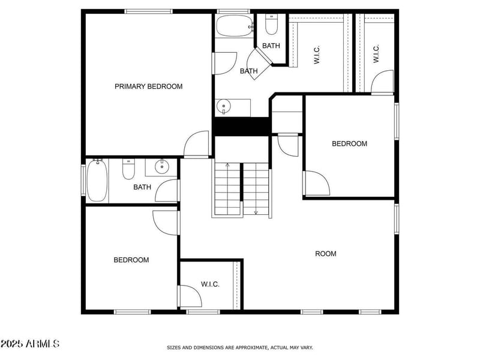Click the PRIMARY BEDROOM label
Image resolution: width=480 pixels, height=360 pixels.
click(x=149, y=86)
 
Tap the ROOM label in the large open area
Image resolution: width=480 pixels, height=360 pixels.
click(x=326, y=254)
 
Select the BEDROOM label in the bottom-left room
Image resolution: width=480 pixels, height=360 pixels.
click(x=131, y=260)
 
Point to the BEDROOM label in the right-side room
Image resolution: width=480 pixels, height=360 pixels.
click(x=350, y=143)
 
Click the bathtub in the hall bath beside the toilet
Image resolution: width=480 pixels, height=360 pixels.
click(x=97, y=181)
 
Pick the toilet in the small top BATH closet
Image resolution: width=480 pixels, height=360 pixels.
click(x=271, y=26)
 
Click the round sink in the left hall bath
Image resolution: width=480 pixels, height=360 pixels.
click(x=161, y=167)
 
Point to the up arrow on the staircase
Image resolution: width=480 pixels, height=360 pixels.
click(x=228, y=165)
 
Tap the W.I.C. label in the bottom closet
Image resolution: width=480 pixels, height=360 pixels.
click(x=210, y=284)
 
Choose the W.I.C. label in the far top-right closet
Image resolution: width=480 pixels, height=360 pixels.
click(x=376, y=54)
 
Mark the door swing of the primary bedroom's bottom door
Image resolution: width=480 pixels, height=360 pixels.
click(x=197, y=145)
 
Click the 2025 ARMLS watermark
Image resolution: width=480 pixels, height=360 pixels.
click(x=30, y=344)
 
